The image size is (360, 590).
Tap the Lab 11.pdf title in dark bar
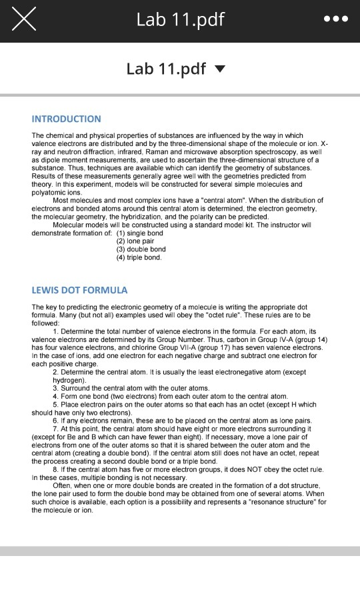pyautogui.click(x=180, y=21)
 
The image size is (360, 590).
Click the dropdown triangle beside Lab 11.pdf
pyautogui.click(x=221, y=69)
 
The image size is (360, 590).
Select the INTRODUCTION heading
pyautogui.click(x=67, y=119)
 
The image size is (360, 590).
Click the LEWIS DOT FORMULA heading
pyautogui.click(x=79, y=290)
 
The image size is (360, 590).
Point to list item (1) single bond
pyautogui.click(x=139, y=233)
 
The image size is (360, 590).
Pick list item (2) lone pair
pyautogui.click(x=135, y=241)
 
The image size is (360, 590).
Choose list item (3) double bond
pyautogui.click(x=141, y=249)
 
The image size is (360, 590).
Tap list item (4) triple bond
pyautogui.click(x=139, y=257)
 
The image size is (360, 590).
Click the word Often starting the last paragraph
pyautogui.click(x=63, y=485)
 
